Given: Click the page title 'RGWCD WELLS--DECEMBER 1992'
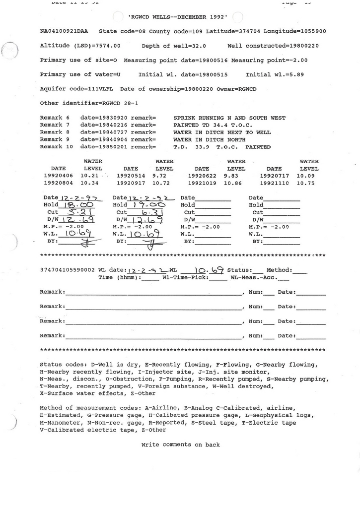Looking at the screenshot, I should coord(178,17).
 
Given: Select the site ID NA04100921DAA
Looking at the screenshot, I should coord(66,31).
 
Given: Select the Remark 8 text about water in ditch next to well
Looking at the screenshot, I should coord(222,132).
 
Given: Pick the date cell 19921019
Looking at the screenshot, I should coord(202,183).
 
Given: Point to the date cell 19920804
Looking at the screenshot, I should coord(58,183).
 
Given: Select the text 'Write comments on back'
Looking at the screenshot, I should coord(180,444).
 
